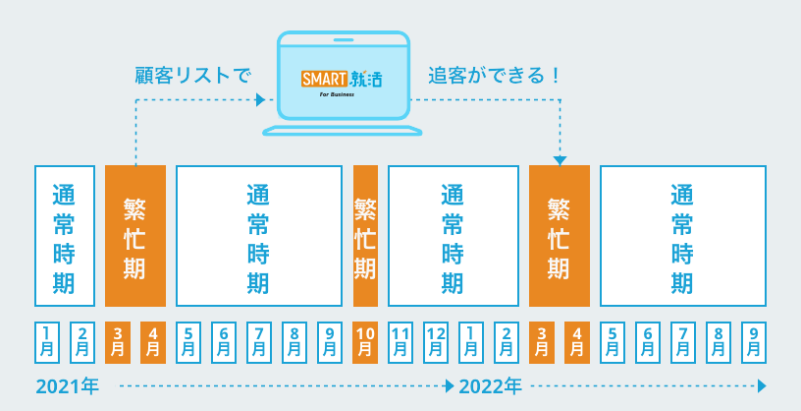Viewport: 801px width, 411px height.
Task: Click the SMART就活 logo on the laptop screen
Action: pos(342,80)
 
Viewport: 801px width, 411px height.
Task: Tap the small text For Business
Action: pos(337,94)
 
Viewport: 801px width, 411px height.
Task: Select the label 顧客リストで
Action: pos(193,76)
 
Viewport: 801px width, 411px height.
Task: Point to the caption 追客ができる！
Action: pos(494,76)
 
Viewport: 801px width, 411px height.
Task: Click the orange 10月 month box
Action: pos(365,342)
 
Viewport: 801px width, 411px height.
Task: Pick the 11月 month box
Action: pos(400,342)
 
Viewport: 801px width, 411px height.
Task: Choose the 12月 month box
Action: pos(436,342)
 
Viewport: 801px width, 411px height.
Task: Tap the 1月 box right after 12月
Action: pos(471,342)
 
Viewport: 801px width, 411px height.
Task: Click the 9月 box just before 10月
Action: pos(330,342)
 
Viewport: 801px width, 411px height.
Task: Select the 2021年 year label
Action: pos(68,387)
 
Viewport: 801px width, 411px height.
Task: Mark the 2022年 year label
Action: pos(491,387)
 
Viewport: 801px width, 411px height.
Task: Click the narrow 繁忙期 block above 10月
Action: pos(365,236)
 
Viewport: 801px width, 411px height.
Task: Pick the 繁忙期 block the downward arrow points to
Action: pos(560,236)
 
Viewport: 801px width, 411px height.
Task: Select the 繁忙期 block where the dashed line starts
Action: pos(135,236)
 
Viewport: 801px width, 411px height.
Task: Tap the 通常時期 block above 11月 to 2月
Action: pos(454,236)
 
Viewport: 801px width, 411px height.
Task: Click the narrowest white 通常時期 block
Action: pos(65,236)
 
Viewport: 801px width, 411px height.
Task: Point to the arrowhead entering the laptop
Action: pos(260,100)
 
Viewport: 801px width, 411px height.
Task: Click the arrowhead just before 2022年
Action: pos(450,385)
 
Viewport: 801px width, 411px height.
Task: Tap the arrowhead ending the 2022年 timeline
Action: pos(762,385)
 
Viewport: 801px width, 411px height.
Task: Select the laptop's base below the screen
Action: pos(343,131)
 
